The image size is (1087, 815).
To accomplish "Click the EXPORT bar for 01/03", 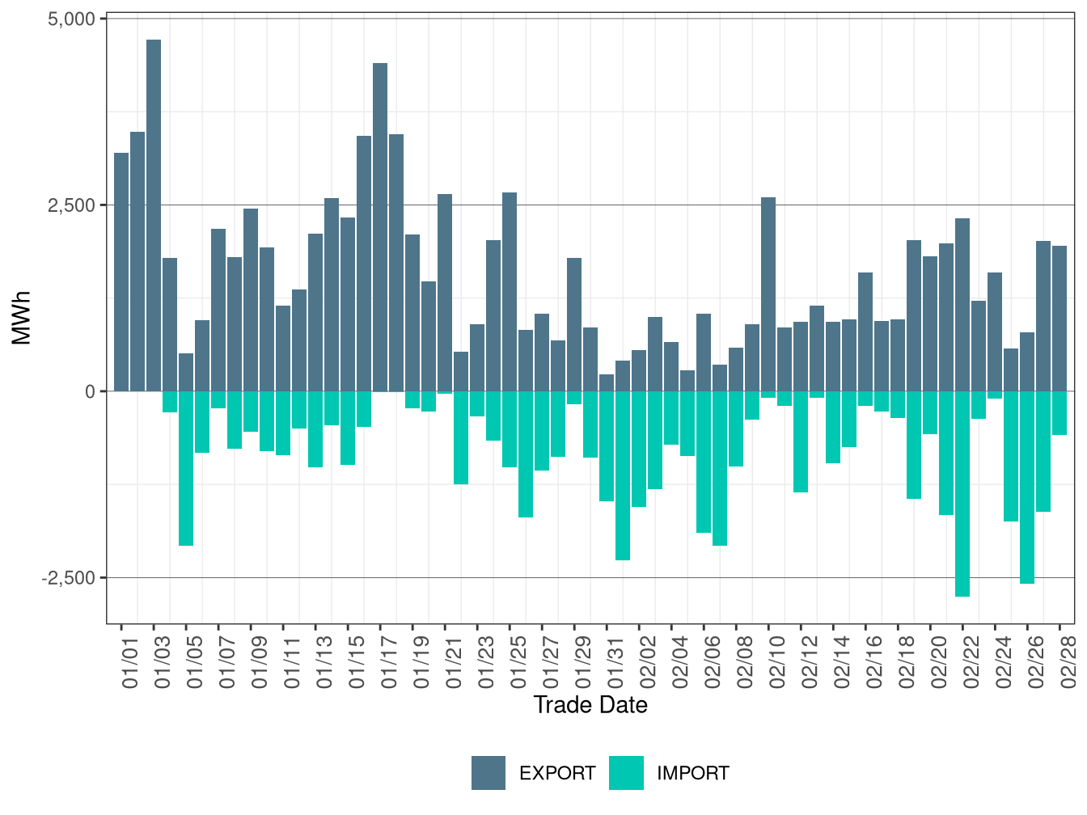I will (154, 215).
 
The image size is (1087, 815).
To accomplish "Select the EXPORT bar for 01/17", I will (380, 227).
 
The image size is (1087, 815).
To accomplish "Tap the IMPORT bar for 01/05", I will (186, 468).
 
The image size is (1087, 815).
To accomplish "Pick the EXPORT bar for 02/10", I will (768, 294).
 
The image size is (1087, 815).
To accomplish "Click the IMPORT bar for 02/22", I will (962, 493).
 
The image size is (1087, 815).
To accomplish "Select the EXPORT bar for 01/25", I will (510, 292).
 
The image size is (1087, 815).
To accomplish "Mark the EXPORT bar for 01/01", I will (121, 272).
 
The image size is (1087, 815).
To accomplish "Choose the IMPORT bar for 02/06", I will (704, 462).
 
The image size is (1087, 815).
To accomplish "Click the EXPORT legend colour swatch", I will (489, 773).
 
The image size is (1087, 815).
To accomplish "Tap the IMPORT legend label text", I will (692, 774).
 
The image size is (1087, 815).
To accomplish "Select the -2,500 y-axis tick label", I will (68, 578).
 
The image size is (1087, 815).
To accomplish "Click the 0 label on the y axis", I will (89, 391).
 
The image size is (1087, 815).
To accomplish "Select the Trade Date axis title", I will (590, 705).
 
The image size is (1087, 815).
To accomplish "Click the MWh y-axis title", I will (22, 318).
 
